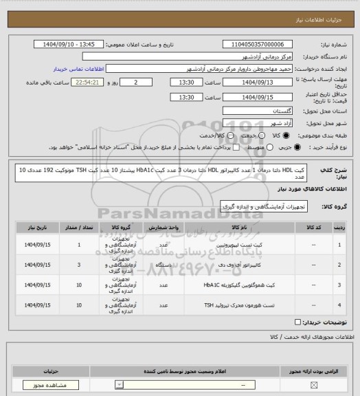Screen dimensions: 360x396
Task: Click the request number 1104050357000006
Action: click(x=257, y=44)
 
